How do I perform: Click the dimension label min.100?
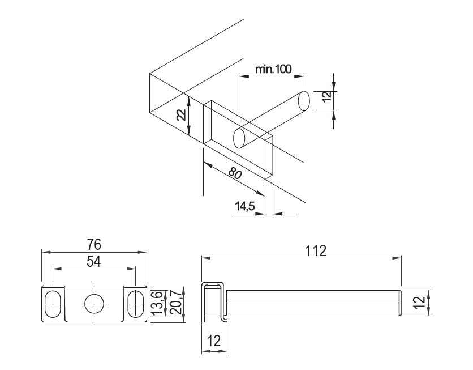pos(273,69)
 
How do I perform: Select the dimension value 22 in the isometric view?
pos(181,115)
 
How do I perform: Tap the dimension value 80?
pos(235,173)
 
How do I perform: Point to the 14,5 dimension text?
pos(245,206)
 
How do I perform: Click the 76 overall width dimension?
pos(94,244)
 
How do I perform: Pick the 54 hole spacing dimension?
pos(94,262)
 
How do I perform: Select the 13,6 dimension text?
pos(158,304)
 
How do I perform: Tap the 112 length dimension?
pos(316,250)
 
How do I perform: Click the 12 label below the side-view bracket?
pos(214,341)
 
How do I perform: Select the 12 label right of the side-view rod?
pos(420,303)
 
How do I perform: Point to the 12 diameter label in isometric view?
pos(326,96)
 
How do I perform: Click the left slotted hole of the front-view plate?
pos(53,304)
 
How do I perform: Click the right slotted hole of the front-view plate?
pos(135,304)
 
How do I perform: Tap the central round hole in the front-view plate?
pos(94,304)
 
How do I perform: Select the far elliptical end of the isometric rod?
pos(303,101)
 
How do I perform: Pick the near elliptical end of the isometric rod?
pos(239,138)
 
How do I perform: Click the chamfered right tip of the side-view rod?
pos(400,303)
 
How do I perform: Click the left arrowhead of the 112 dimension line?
pos(206,258)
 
